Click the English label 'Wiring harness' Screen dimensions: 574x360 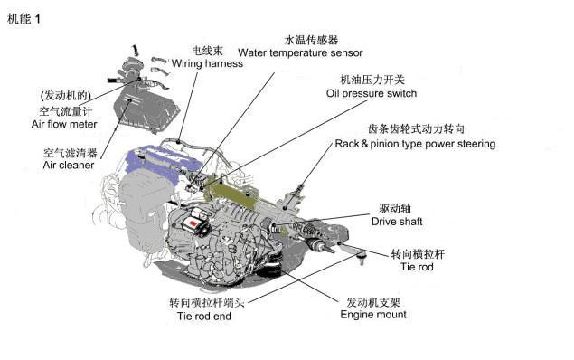point(207,63)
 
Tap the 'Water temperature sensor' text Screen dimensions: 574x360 point(300,52)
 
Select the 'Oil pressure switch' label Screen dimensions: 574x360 point(372,93)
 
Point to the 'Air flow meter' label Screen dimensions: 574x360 point(64,124)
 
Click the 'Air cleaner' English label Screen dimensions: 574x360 point(69,165)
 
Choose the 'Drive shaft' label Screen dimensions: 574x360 point(397,222)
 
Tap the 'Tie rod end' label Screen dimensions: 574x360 point(204,316)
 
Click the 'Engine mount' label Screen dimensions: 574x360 point(373,315)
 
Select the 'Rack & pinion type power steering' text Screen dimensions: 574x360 point(415,144)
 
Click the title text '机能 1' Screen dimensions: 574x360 point(24,19)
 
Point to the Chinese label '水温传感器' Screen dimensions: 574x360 point(311,40)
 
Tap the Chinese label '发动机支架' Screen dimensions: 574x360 point(373,302)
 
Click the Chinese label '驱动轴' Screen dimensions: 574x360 point(395,209)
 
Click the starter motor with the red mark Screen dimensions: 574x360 point(195,221)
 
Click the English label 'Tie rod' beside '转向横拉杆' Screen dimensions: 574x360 point(417,267)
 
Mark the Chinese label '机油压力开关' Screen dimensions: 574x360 point(372,80)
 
